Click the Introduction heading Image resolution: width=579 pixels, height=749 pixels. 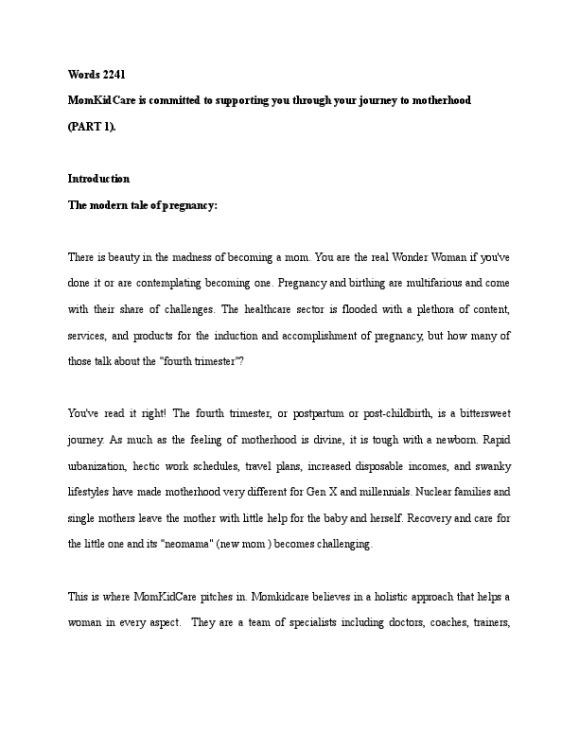98,179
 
